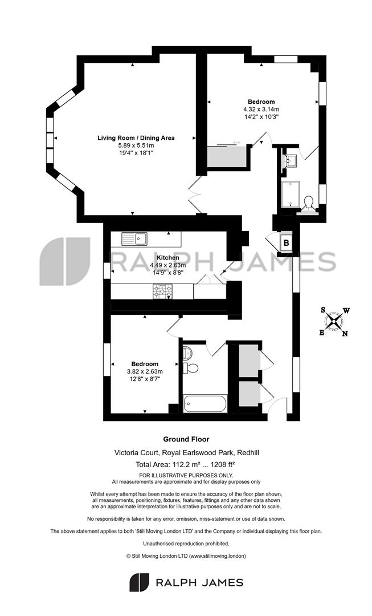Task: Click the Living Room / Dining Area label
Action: [x=136, y=138]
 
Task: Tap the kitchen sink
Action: [x=134, y=238]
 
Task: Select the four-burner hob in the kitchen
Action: [x=162, y=291]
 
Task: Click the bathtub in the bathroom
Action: [x=205, y=403]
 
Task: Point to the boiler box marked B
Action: [x=286, y=243]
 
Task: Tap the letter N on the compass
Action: [x=345, y=334]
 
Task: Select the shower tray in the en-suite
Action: [x=291, y=194]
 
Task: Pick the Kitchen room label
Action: [x=168, y=258]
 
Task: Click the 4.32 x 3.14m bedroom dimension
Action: [x=261, y=109]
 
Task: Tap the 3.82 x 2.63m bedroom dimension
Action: [x=145, y=371]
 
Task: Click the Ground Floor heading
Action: [x=186, y=439]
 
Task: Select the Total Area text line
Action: [x=185, y=464]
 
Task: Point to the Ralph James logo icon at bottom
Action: [x=140, y=582]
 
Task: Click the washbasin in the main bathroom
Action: [x=187, y=352]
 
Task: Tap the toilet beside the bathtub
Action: [x=191, y=368]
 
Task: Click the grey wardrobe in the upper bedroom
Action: [x=227, y=156]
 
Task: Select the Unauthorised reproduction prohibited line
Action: [x=186, y=544]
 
